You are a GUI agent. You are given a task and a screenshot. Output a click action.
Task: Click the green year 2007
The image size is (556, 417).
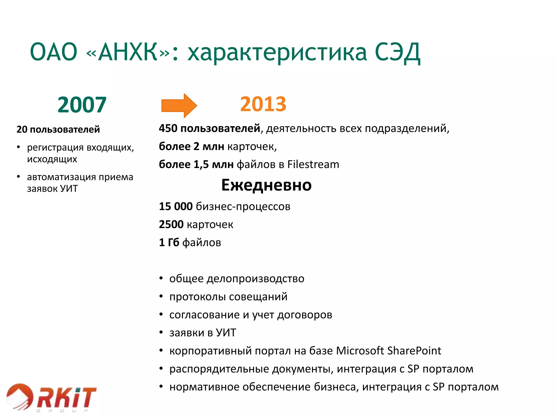(82, 105)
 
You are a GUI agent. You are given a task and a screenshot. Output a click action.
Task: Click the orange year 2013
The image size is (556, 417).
(263, 104)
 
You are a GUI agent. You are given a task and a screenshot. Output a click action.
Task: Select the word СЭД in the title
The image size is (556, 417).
(397, 52)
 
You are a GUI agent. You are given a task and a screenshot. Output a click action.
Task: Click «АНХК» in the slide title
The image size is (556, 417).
(128, 52)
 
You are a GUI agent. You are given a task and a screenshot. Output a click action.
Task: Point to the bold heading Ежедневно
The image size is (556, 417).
(266, 185)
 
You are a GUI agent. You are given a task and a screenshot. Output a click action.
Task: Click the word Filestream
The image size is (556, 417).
(313, 165)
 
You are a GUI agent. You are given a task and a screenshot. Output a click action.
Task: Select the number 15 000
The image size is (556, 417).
(176, 206)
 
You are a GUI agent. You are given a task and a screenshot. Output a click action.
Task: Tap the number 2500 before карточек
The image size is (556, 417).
(171, 225)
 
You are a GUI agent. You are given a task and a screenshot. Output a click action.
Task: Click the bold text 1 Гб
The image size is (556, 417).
(169, 242)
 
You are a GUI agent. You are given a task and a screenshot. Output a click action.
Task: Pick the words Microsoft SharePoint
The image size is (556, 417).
(388, 351)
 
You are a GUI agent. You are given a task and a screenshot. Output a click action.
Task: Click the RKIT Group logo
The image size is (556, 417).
(52, 398)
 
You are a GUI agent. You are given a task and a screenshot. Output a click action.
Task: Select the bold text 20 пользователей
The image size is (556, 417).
(58, 129)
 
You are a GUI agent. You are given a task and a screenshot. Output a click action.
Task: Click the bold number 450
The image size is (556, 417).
(168, 128)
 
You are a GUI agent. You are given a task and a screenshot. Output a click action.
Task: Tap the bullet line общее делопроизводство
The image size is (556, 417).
(236, 279)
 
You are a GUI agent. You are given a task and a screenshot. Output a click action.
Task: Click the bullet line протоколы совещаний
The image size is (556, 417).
(228, 297)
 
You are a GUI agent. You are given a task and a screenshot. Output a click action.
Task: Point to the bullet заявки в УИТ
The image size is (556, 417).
(203, 333)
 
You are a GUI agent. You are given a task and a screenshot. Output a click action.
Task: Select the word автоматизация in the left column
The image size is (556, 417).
(61, 177)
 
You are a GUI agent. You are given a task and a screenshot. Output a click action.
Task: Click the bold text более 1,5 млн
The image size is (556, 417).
(196, 165)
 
